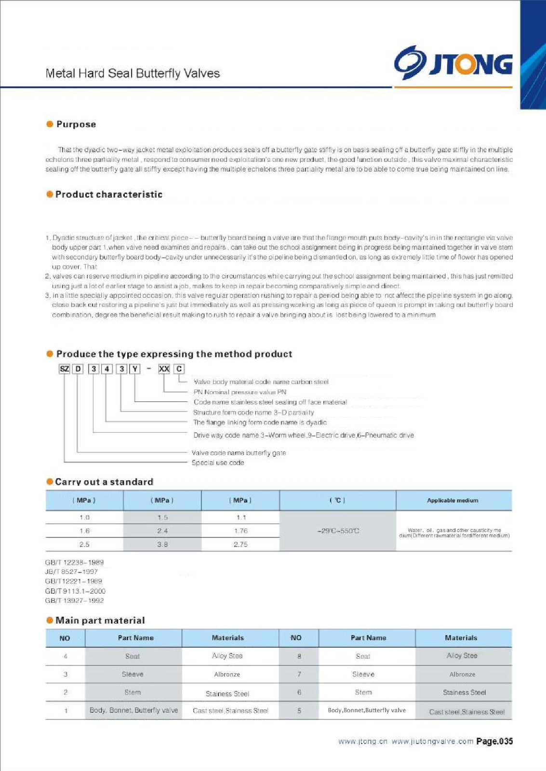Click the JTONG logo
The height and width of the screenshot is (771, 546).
(x=453, y=64)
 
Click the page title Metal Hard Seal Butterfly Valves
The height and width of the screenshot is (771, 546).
(x=133, y=74)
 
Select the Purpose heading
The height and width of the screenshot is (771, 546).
(x=76, y=124)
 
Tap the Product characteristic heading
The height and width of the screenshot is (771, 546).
(x=108, y=195)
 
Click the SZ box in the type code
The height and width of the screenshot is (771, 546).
(x=64, y=369)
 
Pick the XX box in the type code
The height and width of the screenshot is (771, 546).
(x=164, y=369)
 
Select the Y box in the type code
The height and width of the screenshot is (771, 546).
(x=135, y=369)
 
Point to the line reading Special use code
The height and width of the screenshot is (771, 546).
(x=218, y=463)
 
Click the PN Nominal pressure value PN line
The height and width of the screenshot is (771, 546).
(x=240, y=392)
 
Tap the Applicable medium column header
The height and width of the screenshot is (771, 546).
(x=453, y=500)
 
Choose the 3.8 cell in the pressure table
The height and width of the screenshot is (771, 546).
(x=162, y=545)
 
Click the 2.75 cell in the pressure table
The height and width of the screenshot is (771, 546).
(x=240, y=545)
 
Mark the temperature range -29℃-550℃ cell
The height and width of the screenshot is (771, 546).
(x=338, y=531)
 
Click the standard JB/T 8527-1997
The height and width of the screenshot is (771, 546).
(x=71, y=572)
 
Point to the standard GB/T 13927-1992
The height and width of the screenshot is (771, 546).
(x=74, y=601)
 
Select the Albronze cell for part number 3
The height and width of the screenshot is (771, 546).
(x=227, y=675)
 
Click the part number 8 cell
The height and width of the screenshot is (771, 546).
(x=299, y=656)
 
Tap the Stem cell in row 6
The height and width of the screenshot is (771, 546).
(x=363, y=692)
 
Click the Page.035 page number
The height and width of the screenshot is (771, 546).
(x=494, y=742)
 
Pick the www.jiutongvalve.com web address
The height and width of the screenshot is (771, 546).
(x=432, y=742)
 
